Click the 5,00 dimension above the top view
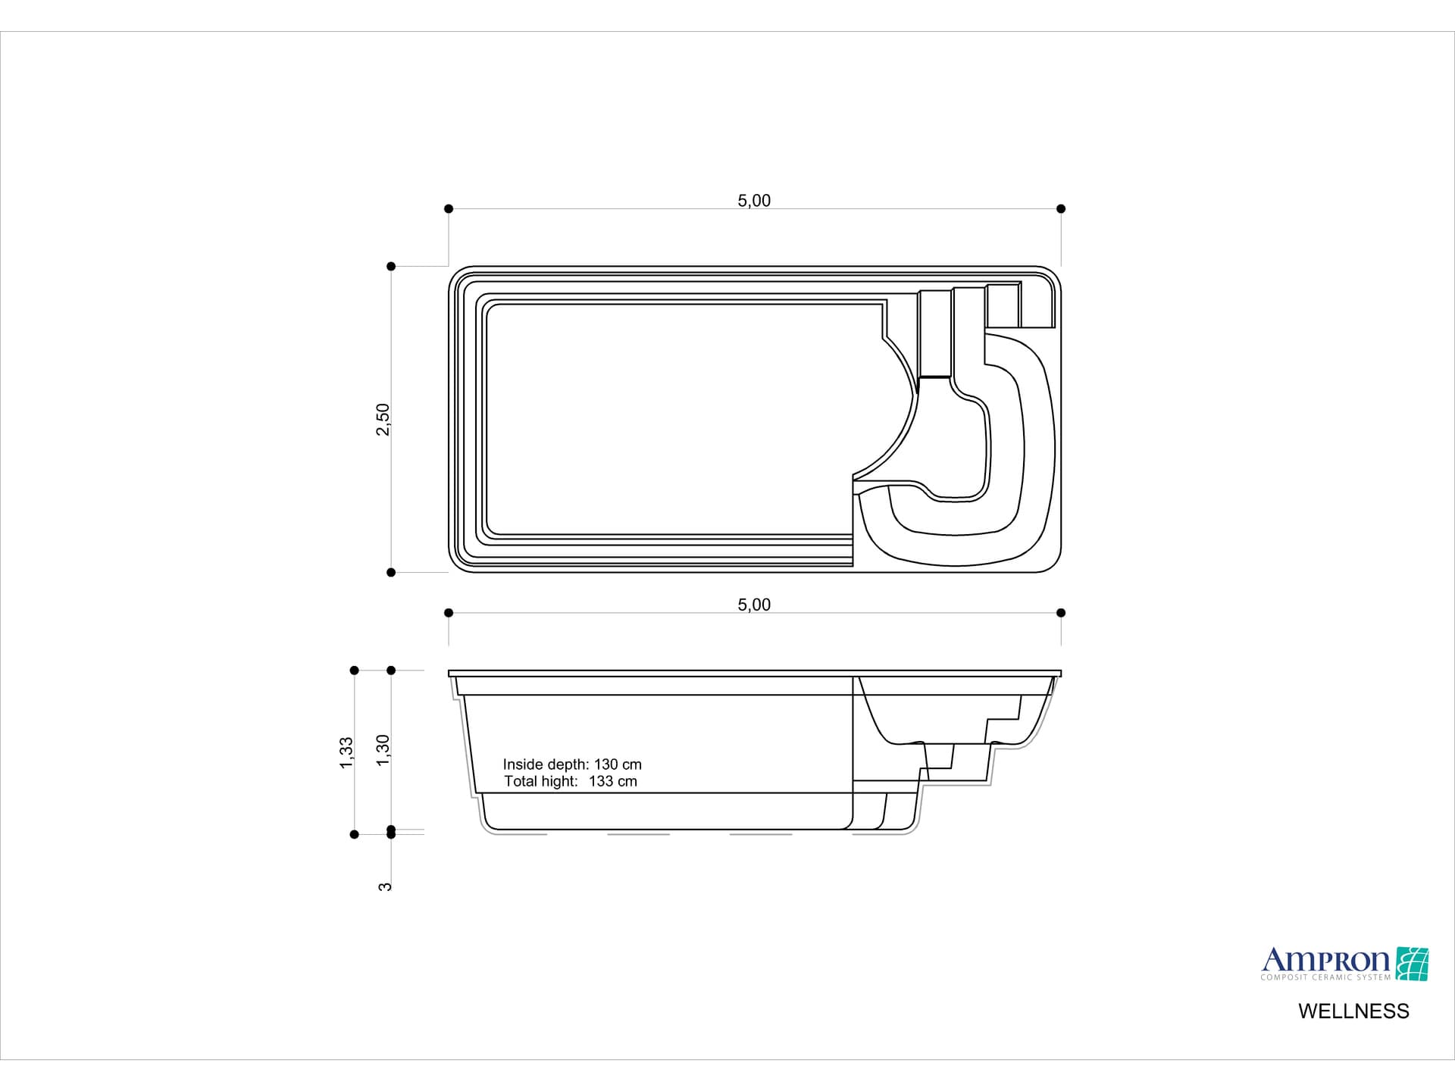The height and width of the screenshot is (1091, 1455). click(x=753, y=201)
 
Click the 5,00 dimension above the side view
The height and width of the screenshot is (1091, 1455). click(x=753, y=605)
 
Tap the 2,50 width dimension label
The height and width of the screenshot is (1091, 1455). click(x=383, y=419)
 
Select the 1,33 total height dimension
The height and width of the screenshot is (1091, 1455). click(x=346, y=752)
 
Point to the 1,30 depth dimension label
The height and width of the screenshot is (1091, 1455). click(x=383, y=749)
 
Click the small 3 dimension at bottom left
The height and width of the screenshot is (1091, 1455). click(x=385, y=886)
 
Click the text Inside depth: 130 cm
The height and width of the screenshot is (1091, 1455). click(x=572, y=764)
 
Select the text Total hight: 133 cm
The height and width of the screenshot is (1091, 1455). click(x=570, y=781)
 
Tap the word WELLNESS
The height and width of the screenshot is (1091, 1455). click(x=1353, y=1011)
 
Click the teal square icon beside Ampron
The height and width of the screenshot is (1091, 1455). click(x=1412, y=964)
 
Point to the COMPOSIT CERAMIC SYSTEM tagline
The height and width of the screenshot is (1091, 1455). click(x=1325, y=977)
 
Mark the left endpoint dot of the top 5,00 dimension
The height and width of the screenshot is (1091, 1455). click(x=449, y=208)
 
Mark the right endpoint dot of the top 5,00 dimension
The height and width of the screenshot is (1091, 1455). click(x=1061, y=208)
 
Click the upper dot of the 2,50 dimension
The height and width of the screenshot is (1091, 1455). click(x=391, y=266)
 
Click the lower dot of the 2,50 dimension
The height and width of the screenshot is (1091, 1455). click(x=391, y=573)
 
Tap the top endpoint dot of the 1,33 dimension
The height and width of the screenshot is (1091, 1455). click(x=354, y=671)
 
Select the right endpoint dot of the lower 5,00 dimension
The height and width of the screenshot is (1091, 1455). click(x=1061, y=612)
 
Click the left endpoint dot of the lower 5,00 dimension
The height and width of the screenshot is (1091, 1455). click(x=449, y=612)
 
